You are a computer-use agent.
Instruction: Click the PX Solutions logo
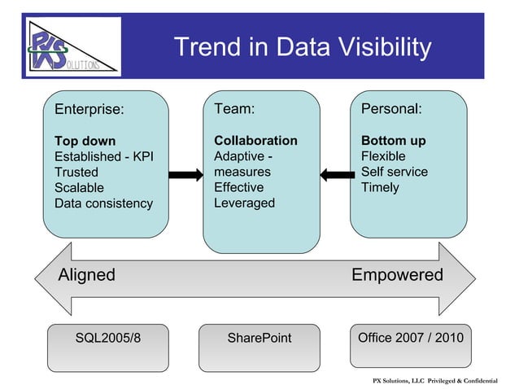(72, 46)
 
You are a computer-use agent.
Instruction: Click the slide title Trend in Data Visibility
(303, 48)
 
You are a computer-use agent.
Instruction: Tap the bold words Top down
(85, 141)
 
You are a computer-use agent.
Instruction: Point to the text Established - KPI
(103, 156)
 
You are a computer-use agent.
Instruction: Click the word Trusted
(76, 173)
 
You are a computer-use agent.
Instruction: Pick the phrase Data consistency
(103, 203)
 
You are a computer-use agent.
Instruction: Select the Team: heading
(234, 109)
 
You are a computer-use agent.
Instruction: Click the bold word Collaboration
(255, 141)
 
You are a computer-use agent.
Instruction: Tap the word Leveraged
(244, 203)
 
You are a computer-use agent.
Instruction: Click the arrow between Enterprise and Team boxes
(185, 173)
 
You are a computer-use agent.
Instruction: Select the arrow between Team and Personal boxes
(335, 173)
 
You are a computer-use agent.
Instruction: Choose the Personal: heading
(391, 109)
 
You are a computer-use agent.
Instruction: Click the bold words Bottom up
(393, 141)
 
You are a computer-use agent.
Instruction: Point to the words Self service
(394, 172)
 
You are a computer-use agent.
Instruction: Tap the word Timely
(380, 187)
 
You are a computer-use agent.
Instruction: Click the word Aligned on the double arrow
(86, 275)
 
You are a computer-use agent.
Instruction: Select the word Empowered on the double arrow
(397, 275)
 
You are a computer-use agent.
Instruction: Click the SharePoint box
(259, 338)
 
